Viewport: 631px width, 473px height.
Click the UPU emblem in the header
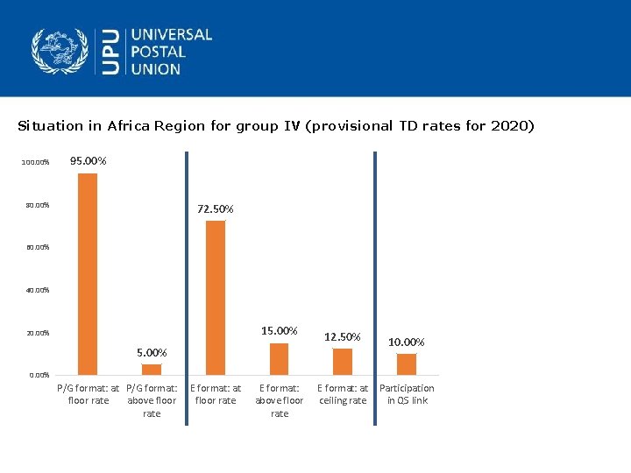click(60, 52)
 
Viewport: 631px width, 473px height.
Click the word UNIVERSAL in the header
click(172, 35)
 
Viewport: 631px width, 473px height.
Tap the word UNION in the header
click(156, 68)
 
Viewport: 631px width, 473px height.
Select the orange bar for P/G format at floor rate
click(88, 273)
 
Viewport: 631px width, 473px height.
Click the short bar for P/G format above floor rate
click(152, 369)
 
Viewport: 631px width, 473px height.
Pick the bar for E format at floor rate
click(216, 297)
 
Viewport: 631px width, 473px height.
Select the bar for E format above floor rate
click(279, 358)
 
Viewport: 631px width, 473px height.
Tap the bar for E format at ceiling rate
click(343, 361)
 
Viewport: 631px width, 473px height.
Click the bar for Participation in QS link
click(407, 364)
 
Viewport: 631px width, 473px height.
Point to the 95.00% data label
click(89, 161)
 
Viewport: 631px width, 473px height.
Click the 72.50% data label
click(216, 208)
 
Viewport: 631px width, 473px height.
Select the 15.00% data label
click(280, 331)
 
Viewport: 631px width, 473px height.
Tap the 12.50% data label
click(343, 336)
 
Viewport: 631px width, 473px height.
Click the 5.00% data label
click(152, 352)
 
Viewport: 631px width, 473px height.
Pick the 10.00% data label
click(407, 342)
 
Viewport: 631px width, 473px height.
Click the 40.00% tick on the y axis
click(37, 290)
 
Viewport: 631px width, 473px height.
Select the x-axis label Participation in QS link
click(407, 394)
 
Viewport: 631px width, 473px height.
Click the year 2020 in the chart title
click(509, 125)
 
